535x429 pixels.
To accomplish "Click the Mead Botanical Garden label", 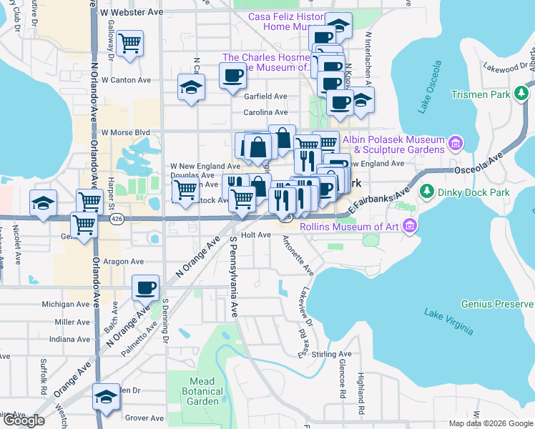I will [x=204, y=392].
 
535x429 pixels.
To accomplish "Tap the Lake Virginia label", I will [x=448, y=321].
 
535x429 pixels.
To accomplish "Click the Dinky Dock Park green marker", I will [x=427, y=191].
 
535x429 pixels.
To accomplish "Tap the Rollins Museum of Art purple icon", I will [x=409, y=227].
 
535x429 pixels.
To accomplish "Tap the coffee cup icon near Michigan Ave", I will [x=146, y=287].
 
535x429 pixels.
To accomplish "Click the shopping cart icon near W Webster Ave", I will [x=130, y=44].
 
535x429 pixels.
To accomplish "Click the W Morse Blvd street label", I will [x=125, y=132].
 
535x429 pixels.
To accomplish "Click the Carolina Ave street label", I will [x=265, y=112].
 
